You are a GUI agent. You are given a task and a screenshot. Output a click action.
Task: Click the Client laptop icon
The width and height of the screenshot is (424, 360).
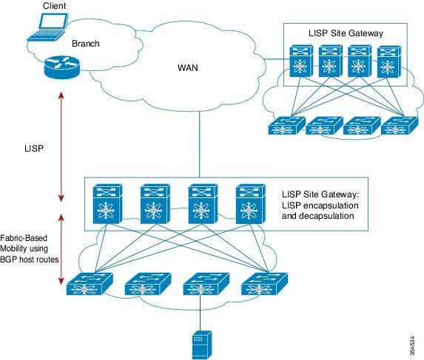pyautogui.click(x=48, y=27)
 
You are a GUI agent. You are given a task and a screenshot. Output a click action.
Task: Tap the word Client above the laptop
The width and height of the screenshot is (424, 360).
pyautogui.click(x=54, y=6)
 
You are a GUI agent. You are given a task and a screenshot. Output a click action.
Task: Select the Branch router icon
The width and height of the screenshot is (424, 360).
pyautogui.click(x=62, y=67)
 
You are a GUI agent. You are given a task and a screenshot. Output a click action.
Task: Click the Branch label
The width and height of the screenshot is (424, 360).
pyautogui.click(x=85, y=44)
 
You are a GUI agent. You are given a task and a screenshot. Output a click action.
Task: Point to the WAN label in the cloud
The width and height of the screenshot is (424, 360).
pyautogui.click(x=188, y=67)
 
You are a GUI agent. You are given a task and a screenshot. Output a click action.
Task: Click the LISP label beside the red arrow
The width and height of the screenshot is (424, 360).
pyautogui.click(x=34, y=149)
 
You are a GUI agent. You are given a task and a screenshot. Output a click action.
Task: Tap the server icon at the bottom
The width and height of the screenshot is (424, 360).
pyautogui.click(x=202, y=344)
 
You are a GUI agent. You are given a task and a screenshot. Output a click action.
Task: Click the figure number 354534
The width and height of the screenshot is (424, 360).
pyautogui.click(x=412, y=346)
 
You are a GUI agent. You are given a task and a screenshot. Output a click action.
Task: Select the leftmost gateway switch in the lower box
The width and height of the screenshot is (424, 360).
pyautogui.click(x=107, y=204)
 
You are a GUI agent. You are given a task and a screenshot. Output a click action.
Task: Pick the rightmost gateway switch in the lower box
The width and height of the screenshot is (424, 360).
pyautogui.click(x=250, y=204)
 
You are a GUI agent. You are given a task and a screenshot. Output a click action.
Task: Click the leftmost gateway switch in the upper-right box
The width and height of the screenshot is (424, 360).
pyautogui.click(x=301, y=61)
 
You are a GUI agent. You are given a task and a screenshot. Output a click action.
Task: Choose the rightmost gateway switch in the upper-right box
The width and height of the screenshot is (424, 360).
pyautogui.click(x=388, y=62)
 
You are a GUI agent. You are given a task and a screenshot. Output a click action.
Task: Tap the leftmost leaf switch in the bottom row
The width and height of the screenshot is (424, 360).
pyautogui.click(x=90, y=284)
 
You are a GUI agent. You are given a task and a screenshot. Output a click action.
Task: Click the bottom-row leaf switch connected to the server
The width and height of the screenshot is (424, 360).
pyautogui.click(x=206, y=284)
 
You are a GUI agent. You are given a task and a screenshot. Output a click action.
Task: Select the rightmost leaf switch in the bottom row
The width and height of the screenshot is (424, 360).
pyautogui.click(x=264, y=284)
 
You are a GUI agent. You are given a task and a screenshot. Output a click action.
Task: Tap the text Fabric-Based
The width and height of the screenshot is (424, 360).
pyautogui.click(x=24, y=238)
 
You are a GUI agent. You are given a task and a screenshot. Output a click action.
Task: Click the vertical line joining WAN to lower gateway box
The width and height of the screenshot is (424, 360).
pyautogui.click(x=200, y=144)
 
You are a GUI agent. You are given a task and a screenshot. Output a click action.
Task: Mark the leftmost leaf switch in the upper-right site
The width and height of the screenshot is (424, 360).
pyautogui.click(x=287, y=126)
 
